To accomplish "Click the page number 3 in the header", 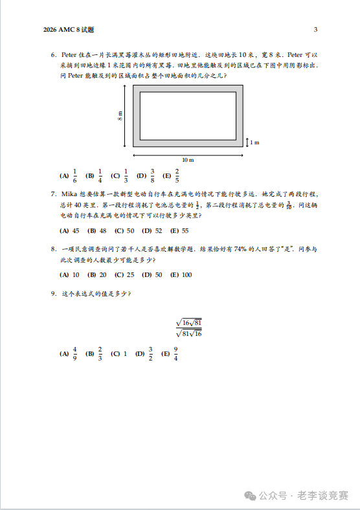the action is click(x=315, y=30).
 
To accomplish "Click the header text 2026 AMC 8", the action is click(x=68, y=30).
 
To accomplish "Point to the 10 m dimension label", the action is click(x=188, y=159).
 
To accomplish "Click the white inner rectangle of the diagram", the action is click(x=188, y=116).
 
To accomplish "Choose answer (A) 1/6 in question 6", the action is click(x=69, y=175).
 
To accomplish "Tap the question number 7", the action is click(x=53, y=194).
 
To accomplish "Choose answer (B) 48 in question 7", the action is click(x=97, y=230).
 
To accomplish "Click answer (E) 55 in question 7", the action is click(x=179, y=230).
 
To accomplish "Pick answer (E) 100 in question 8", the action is click(x=181, y=274).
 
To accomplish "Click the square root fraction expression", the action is click(x=189, y=327).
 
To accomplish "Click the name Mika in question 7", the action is click(x=69, y=194).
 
